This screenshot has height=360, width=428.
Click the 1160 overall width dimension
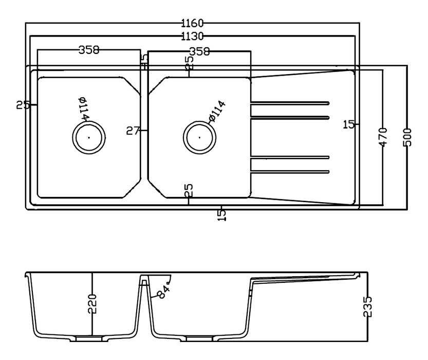[193, 23]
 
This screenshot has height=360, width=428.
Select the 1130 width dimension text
[193, 36]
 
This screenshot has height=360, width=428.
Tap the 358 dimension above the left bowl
[88, 50]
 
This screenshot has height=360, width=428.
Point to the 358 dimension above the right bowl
[199, 51]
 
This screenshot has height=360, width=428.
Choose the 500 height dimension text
[407, 137]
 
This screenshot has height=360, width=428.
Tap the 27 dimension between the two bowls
[133, 131]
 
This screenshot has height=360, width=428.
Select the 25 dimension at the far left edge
[23, 105]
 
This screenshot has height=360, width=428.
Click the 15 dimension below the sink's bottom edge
[221, 214]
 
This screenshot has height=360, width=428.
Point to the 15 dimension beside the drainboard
[349, 124]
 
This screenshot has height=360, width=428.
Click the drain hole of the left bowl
[89, 137]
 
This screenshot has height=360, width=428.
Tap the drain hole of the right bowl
[200, 137]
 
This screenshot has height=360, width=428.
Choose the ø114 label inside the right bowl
[217, 112]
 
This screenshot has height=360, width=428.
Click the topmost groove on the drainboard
[289, 102]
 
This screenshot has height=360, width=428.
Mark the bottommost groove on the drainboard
[289, 171]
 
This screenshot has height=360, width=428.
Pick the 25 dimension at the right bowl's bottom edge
[189, 190]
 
